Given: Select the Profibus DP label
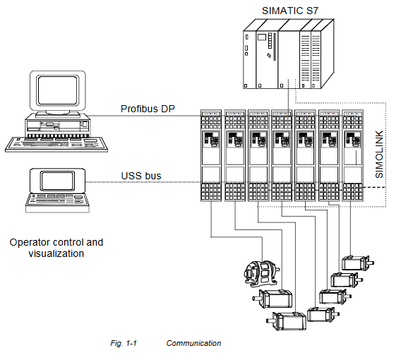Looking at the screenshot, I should (x=148, y=109).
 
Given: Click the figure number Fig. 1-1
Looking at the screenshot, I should (x=123, y=343).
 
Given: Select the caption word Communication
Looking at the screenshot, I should (x=193, y=343).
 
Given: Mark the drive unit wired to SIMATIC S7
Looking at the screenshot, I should (x=282, y=160).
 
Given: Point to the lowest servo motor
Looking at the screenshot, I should (x=290, y=321).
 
